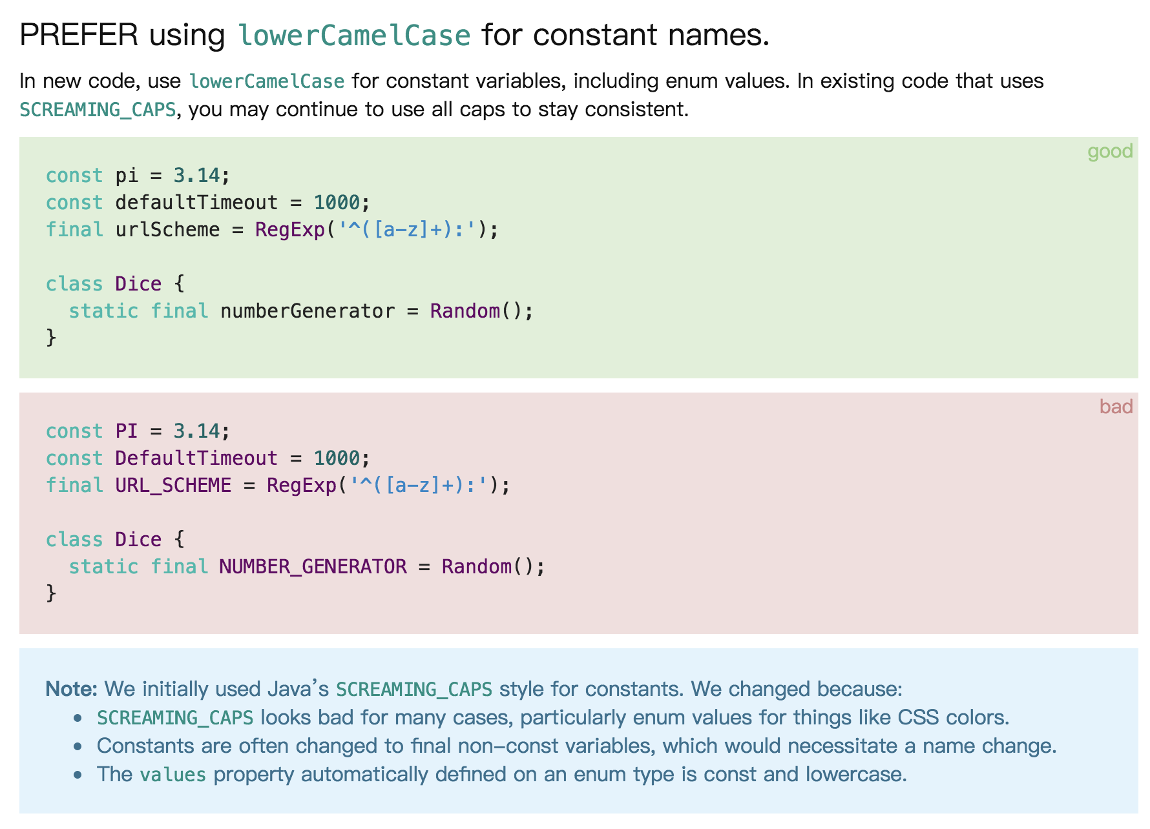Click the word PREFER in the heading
(79, 35)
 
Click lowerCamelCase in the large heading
(354, 35)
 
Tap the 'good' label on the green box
(1110, 151)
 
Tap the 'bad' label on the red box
(1116, 406)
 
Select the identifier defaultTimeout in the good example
(196, 203)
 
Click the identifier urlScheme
(167, 230)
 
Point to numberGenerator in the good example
(308, 311)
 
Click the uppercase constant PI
(127, 431)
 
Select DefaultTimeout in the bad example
(196, 458)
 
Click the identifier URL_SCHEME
(173, 486)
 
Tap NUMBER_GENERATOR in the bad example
(313, 567)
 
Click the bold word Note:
(71, 689)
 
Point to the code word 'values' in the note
(173, 775)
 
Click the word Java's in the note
(298, 689)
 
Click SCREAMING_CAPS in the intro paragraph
(98, 110)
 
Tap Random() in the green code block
(477, 311)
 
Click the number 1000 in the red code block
(337, 458)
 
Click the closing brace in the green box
(51, 338)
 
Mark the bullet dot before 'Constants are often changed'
(78, 746)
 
